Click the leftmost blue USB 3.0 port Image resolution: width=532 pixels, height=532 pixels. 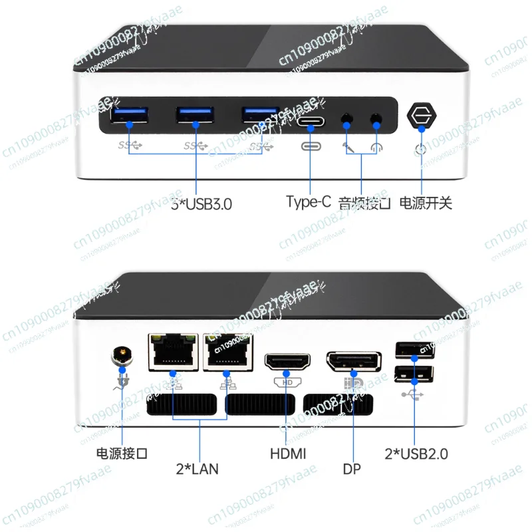pos(131,116)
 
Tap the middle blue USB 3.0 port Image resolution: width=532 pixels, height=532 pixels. pos(196,116)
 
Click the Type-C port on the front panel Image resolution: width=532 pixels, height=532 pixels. pos(311,122)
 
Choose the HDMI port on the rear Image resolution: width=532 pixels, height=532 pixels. pos(287,362)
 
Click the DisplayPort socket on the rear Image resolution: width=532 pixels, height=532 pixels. pos(354,362)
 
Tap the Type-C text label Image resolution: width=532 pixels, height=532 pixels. pos(308,202)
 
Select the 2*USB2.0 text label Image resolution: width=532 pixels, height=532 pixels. pos(416,454)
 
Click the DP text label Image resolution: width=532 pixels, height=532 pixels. pos(352,469)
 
